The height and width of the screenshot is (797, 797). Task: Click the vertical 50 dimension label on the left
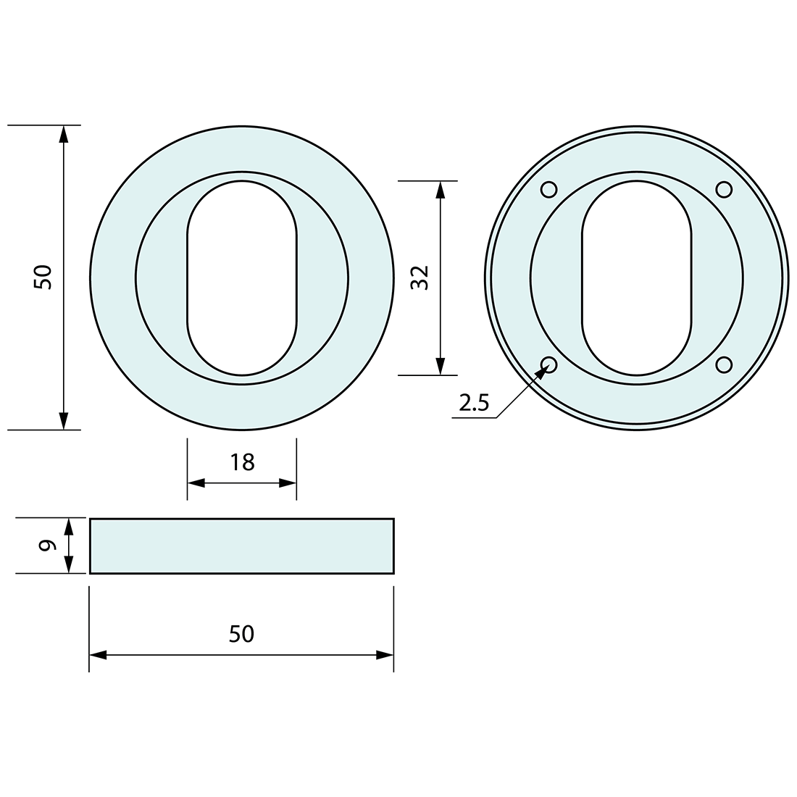point(43,277)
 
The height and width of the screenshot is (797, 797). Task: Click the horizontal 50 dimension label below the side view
point(241,634)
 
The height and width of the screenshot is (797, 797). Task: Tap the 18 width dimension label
point(242,462)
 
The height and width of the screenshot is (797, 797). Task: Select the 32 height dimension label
point(420,278)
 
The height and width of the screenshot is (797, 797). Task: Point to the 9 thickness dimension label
point(47,546)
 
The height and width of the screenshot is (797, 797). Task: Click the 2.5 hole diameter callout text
point(474,403)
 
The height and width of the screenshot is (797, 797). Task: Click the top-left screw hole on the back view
point(549,190)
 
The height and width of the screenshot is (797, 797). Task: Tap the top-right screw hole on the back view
point(724,190)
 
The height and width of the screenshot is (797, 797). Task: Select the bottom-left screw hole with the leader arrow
point(549,364)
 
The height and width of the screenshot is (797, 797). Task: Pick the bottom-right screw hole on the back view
point(724,364)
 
